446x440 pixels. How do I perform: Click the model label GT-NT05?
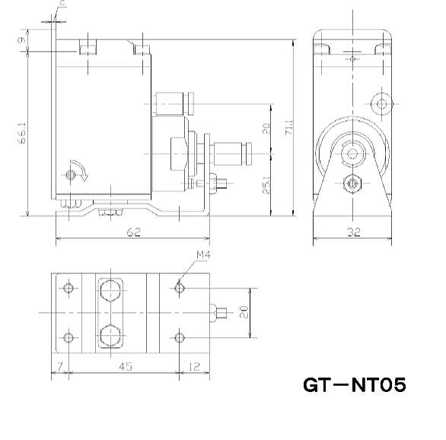point(355,385)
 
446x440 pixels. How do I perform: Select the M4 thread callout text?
point(203,254)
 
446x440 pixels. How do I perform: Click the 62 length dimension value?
point(133,233)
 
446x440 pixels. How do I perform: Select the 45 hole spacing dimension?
point(125,367)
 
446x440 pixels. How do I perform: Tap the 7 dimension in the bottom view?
point(59,367)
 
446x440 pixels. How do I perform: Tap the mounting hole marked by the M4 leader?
point(180,288)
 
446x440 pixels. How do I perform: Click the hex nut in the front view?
point(351,183)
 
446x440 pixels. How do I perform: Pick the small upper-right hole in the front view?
point(381,103)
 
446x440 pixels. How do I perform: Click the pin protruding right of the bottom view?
point(222,312)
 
